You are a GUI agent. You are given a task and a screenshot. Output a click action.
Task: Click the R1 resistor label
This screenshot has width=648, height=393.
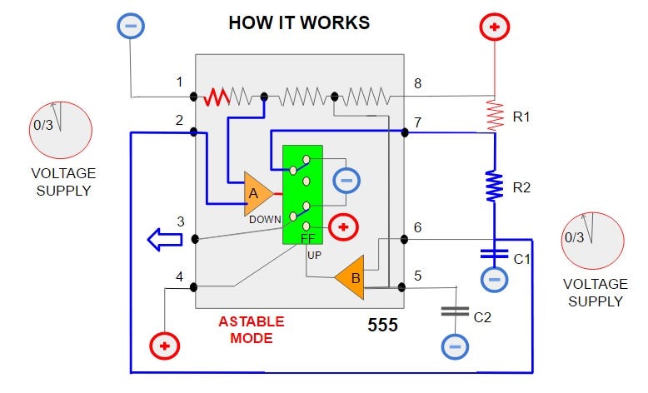[521, 117]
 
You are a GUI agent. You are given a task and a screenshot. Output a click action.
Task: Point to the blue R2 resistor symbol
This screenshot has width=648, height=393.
[495, 186]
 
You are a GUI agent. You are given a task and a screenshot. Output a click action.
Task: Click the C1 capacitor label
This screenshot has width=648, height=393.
[521, 259]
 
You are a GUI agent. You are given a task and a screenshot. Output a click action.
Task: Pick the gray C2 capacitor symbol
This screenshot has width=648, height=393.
[455, 311]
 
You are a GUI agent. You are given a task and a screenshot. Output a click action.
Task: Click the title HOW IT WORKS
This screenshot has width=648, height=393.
[299, 22]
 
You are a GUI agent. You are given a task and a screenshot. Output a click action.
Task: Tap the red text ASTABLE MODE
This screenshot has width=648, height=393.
[251, 330]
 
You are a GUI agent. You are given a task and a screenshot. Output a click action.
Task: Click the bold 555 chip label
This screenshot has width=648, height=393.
[382, 326]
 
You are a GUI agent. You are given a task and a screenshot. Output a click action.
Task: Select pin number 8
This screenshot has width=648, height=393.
[419, 82]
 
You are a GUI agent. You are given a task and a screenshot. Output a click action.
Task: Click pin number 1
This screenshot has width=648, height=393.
[179, 82]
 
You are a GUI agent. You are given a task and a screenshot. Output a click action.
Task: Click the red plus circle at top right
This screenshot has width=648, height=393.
[495, 27]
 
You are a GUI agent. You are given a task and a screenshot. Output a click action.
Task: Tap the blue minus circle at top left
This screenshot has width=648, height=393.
[131, 26]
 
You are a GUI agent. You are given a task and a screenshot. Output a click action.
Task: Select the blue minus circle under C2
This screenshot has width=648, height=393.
[455, 345]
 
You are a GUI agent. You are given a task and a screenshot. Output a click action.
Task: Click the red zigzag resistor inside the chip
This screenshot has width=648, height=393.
[218, 97]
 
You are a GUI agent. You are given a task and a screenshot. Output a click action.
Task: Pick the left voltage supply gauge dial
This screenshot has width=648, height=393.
[60, 131]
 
